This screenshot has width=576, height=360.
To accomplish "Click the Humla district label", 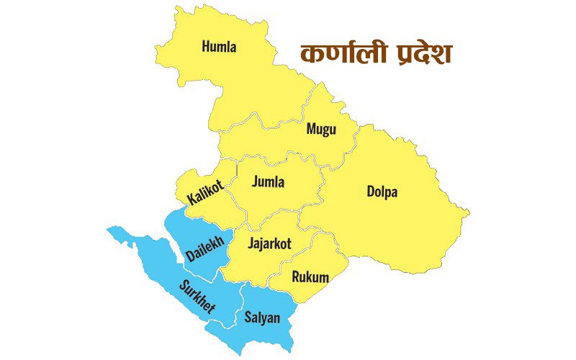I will (220, 48).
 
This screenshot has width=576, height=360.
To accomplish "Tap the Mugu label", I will (321, 130).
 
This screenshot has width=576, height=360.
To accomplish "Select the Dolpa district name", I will (382, 192).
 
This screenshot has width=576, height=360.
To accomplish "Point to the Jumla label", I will (268, 182).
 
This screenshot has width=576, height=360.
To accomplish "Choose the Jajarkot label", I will (269, 244).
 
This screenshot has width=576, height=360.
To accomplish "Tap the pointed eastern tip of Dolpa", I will (469, 213).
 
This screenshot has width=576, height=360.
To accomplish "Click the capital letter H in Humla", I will (206, 48).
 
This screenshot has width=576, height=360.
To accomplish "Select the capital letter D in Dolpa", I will (370, 192).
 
